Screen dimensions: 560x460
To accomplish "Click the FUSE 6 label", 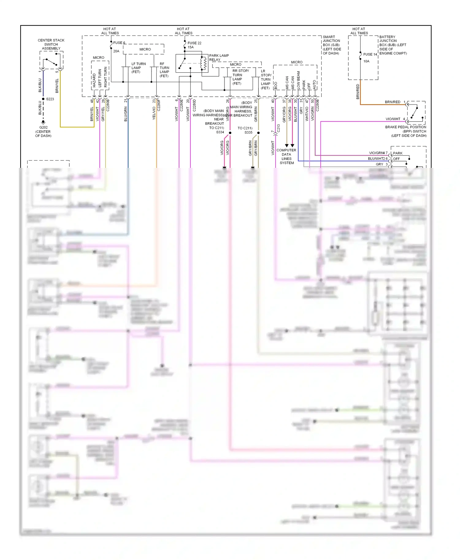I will (119, 43).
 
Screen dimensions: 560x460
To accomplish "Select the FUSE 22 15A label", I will (194, 45).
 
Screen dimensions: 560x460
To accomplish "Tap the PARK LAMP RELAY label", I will (219, 58).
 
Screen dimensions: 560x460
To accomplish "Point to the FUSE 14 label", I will (370, 54).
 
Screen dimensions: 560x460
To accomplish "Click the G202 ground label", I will (43, 127).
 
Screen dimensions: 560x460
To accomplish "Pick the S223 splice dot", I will (43, 99).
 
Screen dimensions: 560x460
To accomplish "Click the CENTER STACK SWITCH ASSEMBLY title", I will (51, 44).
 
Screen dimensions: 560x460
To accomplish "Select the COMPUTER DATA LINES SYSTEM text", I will (286, 156).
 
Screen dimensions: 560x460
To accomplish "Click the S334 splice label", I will (220, 132).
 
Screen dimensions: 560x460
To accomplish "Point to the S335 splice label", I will (248, 132).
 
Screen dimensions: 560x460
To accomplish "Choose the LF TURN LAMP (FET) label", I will (138, 68).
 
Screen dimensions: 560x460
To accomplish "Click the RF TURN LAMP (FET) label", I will (164, 70).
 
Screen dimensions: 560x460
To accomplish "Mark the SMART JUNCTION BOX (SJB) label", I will (332, 45).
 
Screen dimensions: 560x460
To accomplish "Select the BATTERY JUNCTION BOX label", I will (393, 45).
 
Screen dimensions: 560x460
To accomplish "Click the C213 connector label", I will (278, 128).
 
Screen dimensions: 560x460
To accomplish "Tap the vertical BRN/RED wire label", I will (358, 91).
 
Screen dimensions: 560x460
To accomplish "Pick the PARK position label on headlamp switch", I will (398, 153).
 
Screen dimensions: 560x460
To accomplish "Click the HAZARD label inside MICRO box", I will (94, 80).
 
